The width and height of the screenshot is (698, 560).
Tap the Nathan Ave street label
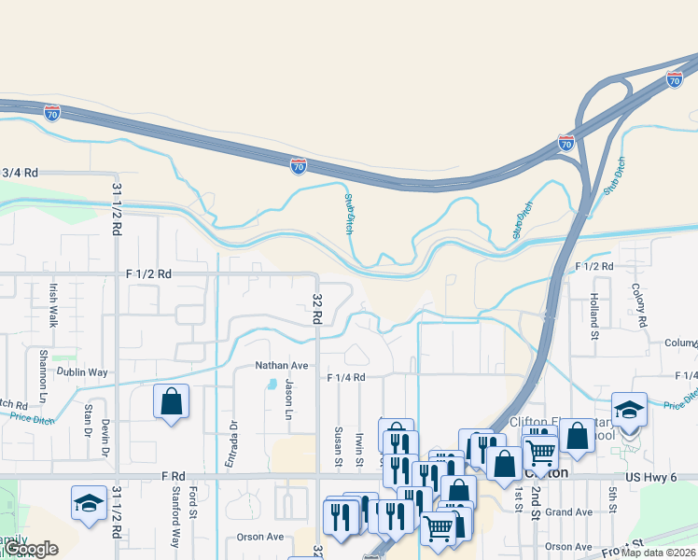click(x=282, y=366)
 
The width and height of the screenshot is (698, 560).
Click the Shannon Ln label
click(x=43, y=376)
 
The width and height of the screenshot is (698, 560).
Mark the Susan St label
click(x=337, y=444)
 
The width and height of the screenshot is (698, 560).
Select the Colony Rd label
click(x=640, y=305)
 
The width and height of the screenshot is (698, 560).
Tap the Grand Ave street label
click(x=569, y=512)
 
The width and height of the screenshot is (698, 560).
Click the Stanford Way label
click(x=174, y=525)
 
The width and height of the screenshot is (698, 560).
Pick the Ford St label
click(x=192, y=502)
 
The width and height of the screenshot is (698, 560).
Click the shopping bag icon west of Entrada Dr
click(x=172, y=402)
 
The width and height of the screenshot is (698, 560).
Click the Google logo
click(x=31, y=549)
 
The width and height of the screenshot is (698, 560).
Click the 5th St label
click(x=613, y=499)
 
